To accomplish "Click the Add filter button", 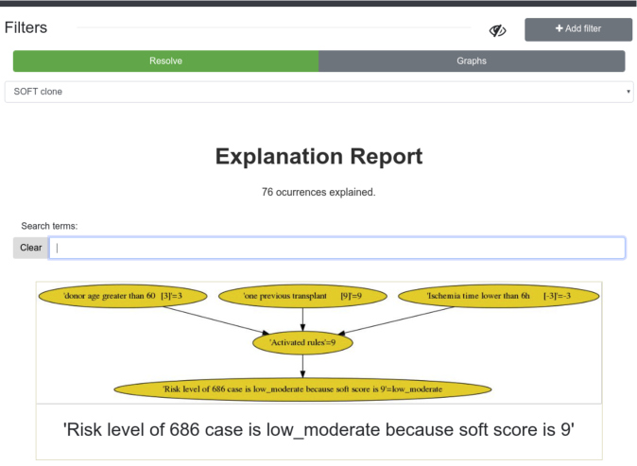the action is [x=578, y=29].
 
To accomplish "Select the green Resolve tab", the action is [x=165, y=60].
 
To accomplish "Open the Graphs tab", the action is [x=472, y=60].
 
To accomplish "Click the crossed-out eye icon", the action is [x=497, y=30].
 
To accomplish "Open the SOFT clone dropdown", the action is [x=318, y=92].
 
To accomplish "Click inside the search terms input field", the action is [x=336, y=248].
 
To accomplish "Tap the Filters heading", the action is [x=26, y=27].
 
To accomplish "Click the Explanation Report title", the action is [x=318, y=156].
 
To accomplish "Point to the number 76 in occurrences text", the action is [x=267, y=192].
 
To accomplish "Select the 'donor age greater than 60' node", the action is [x=123, y=296].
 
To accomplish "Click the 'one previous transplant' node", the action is [x=302, y=296].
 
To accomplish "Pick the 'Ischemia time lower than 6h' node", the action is [x=498, y=296].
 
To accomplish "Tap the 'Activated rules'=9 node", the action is [x=302, y=342].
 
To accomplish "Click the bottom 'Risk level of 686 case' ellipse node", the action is [x=302, y=389].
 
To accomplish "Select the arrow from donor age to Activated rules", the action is [x=216, y=320].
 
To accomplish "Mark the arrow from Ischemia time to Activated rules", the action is [x=396, y=320].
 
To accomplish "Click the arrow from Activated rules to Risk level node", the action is [x=302, y=366].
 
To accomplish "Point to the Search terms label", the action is [x=49, y=226].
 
